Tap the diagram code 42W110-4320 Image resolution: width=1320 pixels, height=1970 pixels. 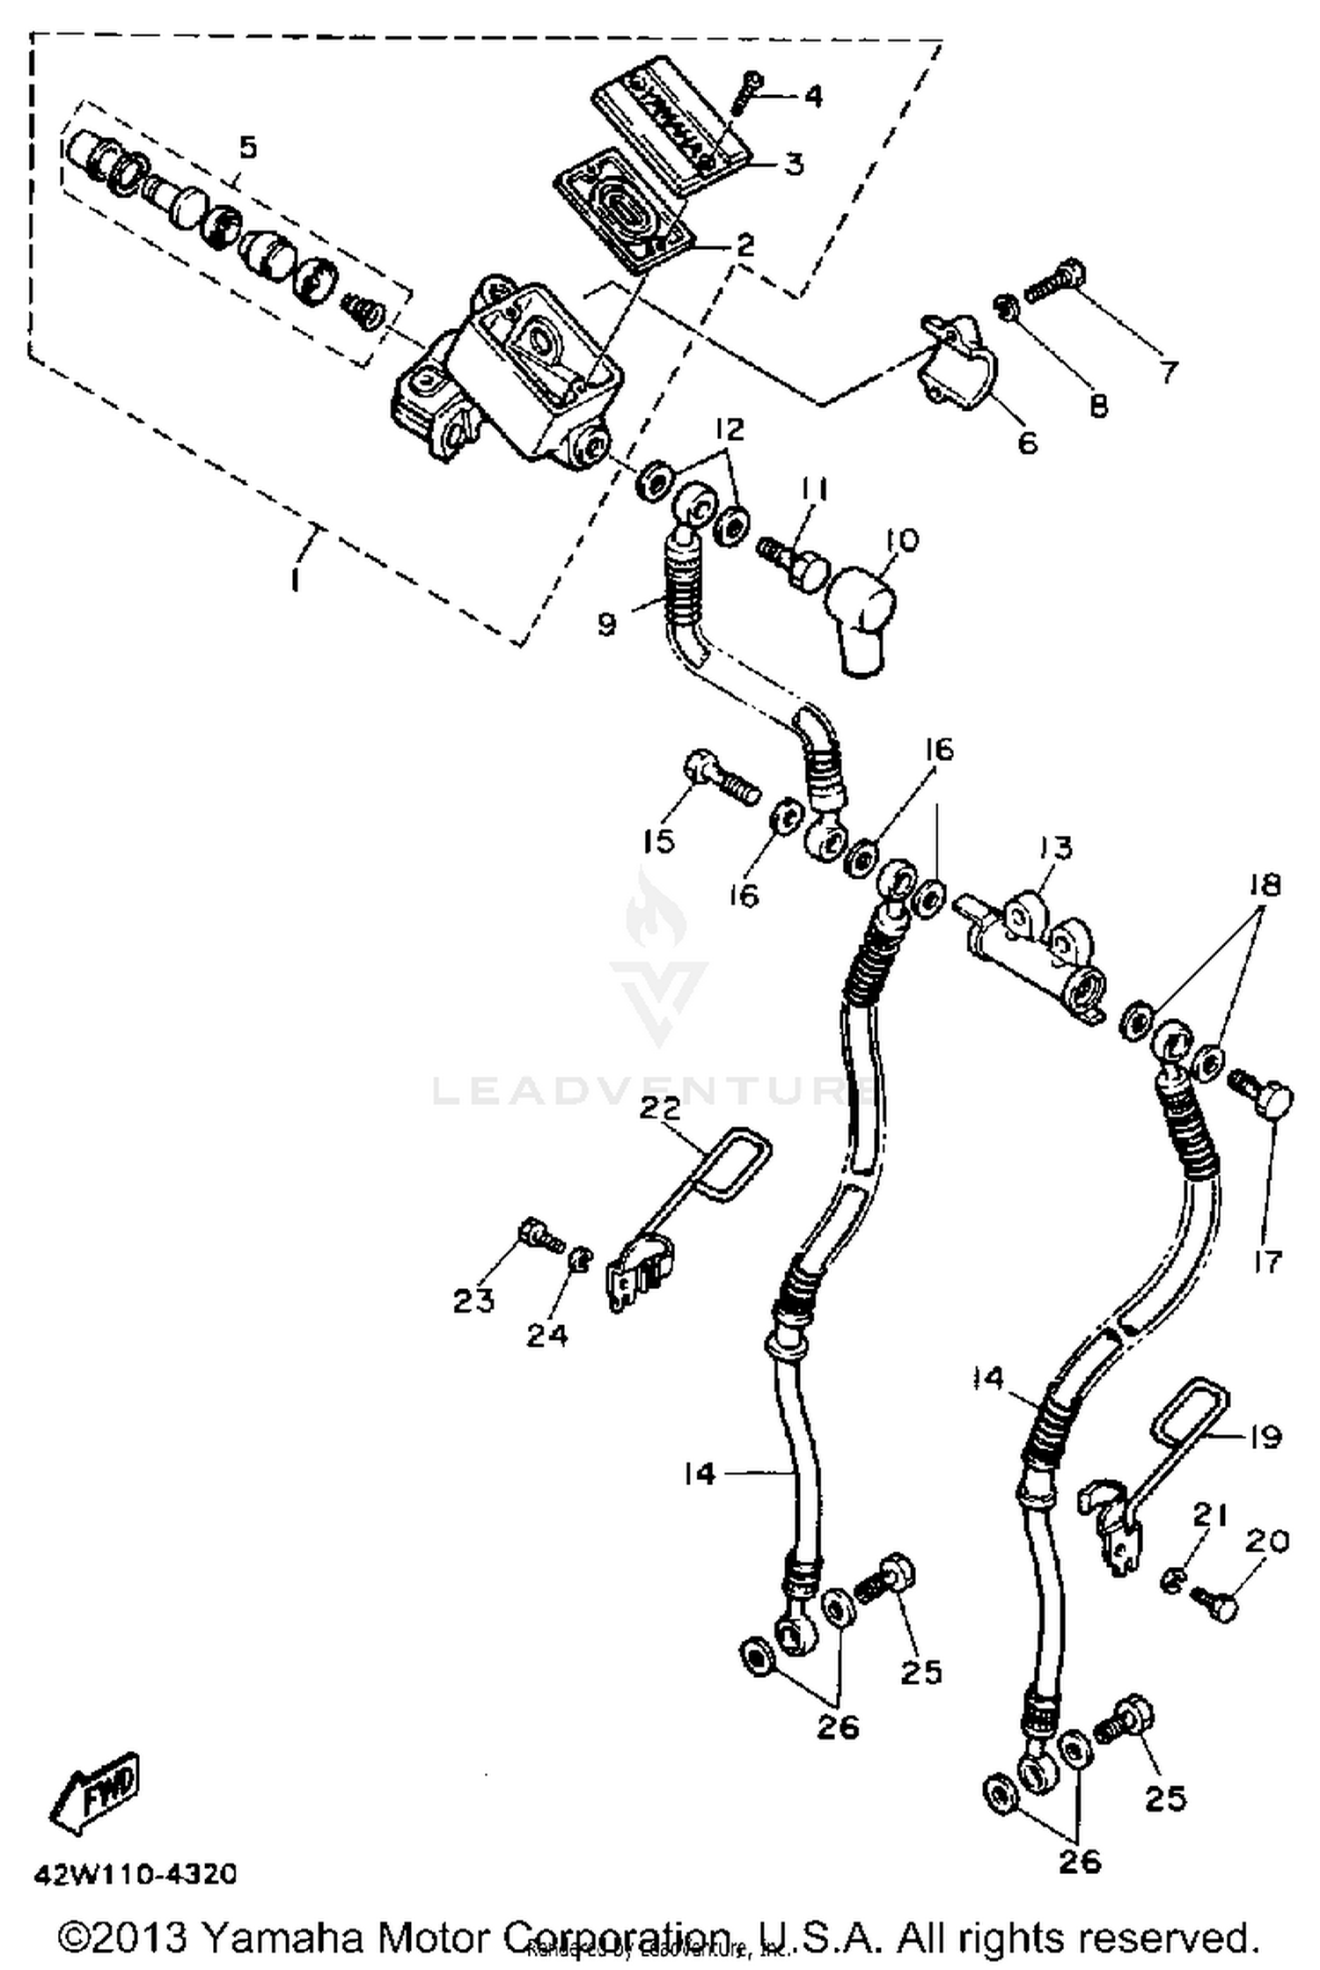(x=136, y=1874)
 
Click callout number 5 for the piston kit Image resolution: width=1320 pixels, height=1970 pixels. (x=248, y=147)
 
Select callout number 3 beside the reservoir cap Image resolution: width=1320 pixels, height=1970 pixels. (x=794, y=164)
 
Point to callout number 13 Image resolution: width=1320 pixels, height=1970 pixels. (x=1056, y=848)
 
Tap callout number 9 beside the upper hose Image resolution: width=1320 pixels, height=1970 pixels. (x=606, y=624)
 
